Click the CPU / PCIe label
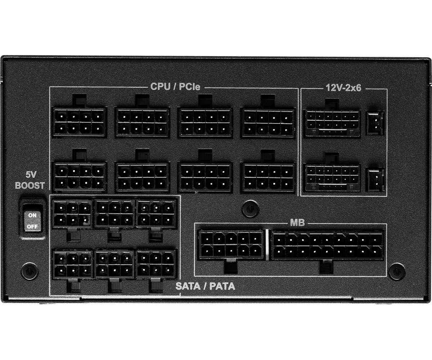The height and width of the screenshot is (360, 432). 175,86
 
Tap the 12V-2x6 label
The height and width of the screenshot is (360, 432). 344,88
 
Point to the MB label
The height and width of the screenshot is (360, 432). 297,222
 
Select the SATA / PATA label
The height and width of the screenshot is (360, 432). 205,286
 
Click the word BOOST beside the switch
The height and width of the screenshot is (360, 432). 30,186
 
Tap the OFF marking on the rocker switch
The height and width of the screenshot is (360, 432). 32,226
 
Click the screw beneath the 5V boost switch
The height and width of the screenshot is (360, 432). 30,271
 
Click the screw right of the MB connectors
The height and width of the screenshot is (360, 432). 397,271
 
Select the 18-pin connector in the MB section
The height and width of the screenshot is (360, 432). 328,245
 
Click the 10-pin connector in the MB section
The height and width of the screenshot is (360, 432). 231,245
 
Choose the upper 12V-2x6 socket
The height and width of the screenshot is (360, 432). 333,123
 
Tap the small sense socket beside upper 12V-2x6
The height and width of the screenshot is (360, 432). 375,123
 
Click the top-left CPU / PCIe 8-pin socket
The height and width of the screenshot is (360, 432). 79,122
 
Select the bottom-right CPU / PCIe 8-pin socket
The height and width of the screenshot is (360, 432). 268,177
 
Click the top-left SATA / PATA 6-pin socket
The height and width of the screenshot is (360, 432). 72,214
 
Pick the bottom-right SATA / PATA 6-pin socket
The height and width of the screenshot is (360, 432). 156,264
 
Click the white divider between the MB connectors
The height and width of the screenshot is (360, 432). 267,245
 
